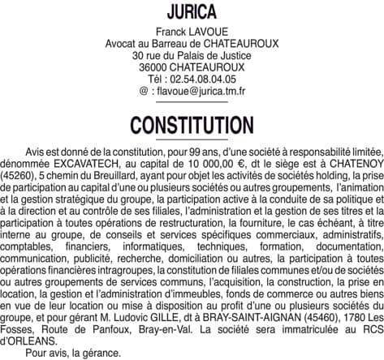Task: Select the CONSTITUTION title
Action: click(x=192, y=126)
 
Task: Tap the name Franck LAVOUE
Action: click(x=192, y=32)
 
